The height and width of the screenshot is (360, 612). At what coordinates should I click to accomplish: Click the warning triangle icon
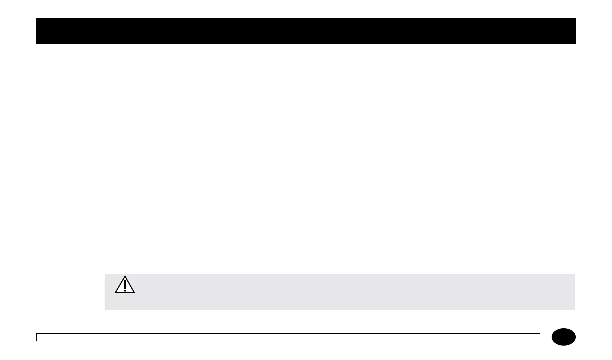pos(125,286)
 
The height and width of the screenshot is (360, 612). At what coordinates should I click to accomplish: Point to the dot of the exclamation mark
pos(125,290)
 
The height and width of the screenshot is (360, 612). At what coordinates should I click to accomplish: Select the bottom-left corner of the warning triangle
pos(115,293)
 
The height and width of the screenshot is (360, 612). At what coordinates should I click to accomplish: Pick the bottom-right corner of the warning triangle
pos(135,293)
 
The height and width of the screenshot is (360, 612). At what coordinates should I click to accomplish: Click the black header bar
pos(306,31)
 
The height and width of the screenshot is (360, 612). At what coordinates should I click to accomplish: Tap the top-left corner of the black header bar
pos(36,18)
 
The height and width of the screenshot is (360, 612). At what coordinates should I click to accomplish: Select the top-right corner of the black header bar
pos(576,18)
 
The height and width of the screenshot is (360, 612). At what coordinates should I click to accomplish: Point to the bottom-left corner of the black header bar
pos(36,44)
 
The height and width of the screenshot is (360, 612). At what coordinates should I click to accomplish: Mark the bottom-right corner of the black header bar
pos(576,44)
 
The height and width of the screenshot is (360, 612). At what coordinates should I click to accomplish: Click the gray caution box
pos(340,291)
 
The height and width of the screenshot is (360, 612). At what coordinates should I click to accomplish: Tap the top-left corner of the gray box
pos(105,274)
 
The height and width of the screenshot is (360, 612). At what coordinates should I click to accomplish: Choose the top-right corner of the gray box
pos(575,274)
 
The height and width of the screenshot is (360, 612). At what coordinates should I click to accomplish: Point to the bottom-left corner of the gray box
pos(105,309)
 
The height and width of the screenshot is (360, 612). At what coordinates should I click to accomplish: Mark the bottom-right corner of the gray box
pos(575,309)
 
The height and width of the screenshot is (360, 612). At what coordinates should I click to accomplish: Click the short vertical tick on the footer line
pos(36,337)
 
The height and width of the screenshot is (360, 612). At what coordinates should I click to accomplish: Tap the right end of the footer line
pos(540,333)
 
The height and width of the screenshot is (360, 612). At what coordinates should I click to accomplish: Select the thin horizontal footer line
pos(288,333)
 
